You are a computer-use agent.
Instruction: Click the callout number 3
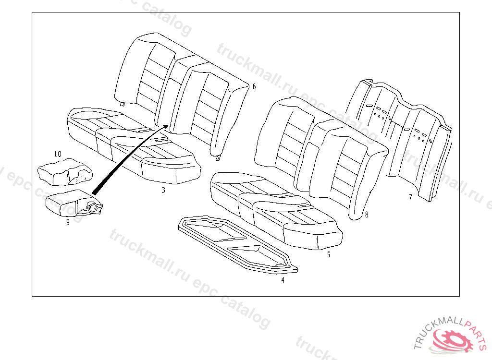coord(163,191)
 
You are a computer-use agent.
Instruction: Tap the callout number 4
coord(283,280)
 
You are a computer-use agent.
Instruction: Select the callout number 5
coord(329,255)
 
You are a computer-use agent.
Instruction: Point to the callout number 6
coord(254,86)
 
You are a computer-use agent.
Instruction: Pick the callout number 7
coord(410,197)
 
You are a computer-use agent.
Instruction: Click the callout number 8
coord(367,215)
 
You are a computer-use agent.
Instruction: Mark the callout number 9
coord(68,222)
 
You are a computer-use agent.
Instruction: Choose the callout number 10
coord(57,154)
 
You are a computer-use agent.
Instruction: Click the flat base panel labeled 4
coord(235,242)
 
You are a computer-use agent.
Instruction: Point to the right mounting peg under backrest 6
coord(219,156)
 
